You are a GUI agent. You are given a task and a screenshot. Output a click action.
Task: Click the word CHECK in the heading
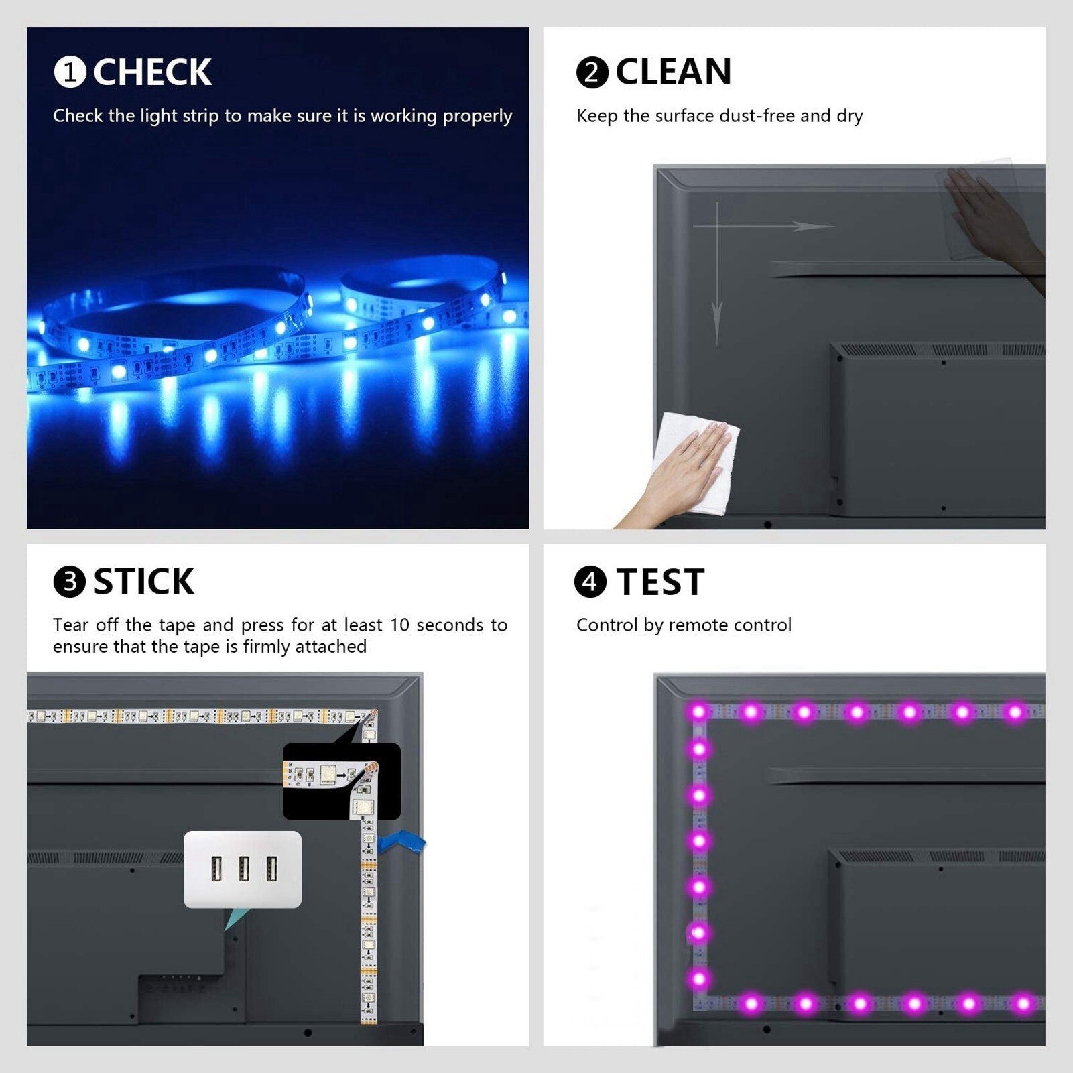[152, 72]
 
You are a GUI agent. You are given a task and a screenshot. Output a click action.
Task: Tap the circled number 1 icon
[70, 72]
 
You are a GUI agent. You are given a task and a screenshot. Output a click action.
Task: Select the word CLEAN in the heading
[674, 72]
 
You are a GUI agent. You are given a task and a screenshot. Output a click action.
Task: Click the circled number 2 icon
[592, 72]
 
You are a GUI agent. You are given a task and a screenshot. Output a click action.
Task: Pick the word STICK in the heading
[144, 582]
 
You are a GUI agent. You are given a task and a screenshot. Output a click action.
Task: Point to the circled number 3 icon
[70, 582]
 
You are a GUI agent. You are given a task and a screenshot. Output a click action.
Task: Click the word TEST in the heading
[660, 582]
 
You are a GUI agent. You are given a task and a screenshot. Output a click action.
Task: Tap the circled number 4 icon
[590, 581]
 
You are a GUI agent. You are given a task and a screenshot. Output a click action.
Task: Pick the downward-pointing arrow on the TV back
[717, 273]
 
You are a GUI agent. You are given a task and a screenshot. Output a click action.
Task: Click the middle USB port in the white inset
[244, 869]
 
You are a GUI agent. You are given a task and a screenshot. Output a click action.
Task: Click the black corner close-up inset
[342, 781]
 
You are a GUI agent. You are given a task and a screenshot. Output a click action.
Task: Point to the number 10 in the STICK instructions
[399, 625]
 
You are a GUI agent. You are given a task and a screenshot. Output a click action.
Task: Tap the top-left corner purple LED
[698, 712]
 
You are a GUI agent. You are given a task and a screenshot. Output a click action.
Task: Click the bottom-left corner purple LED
[699, 980]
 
